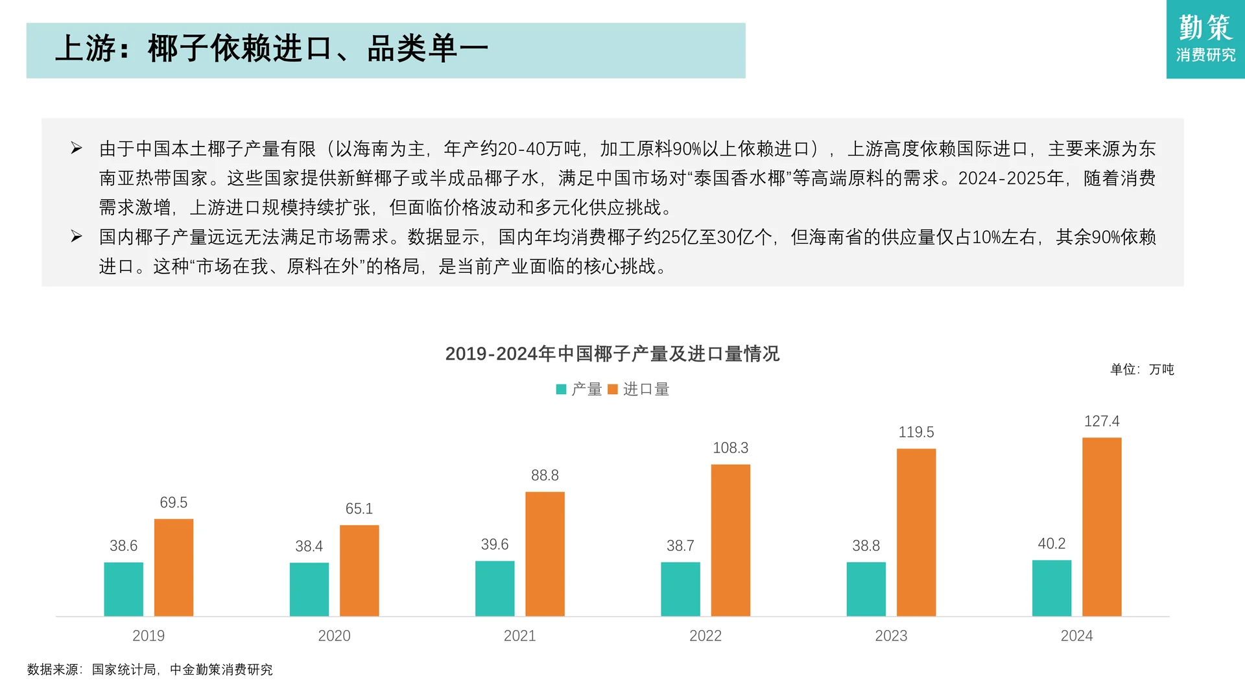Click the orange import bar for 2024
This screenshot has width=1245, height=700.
pyautogui.click(x=1102, y=526)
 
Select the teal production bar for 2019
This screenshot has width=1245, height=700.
pyautogui.click(x=123, y=589)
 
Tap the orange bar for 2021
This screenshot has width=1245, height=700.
pyautogui.click(x=545, y=554)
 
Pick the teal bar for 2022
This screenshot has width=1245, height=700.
pyautogui.click(x=680, y=589)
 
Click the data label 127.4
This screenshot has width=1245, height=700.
pyautogui.click(x=1102, y=421)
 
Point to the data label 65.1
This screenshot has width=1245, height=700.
pyautogui.click(x=359, y=509)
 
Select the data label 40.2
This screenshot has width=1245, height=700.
pyautogui.click(x=1051, y=544)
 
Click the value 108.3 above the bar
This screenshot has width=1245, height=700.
pyautogui.click(x=730, y=448)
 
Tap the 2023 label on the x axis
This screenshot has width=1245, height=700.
pyautogui.click(x=891, y=636)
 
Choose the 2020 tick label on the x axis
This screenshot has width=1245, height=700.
pyautogui.click(x=334, y=636)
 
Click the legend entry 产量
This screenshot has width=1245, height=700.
pyautogui.click(x=579, y=390)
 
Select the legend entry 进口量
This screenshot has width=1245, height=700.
pyautogui.click(x=639, y=390)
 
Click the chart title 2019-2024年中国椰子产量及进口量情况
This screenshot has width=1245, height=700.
pyautogui.click(x=612, y=354)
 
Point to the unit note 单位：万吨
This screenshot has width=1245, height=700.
pyautogui.click(x=1142, y=369)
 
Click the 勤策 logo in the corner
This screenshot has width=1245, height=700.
pyautogui.click(x=1205, y=39)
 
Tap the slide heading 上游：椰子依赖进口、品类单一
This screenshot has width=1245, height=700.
pyautogui.click(x=272, y=49)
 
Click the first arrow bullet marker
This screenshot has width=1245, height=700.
pyautogui.click(x=77, y=148)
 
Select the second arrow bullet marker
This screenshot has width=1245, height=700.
pyautogui.click(x=77, y=237)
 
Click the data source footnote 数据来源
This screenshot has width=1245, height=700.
pyautogui.click(x=150, y=670)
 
